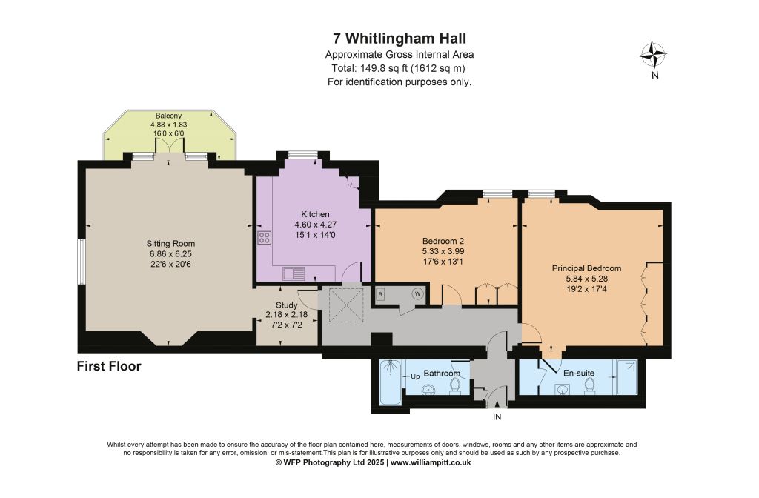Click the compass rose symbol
pyautogui.click(x=653, y=55)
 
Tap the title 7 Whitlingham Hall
pyautogui.click(x=400, y=38)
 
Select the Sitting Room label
pyautogui.click(x=170, y=243)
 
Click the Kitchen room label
pyautogui.click(x=315, y=214)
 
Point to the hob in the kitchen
pyautogui.click(x=265, y=238)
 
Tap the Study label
pyautogui.click(x=287, y=305)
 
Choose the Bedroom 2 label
pyautogui.click(x=443, y=241)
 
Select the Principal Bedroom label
pyautogui.click(x=587, y=268)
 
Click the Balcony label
pyautogui.click(x=168, y=116)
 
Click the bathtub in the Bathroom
pyautogui.click(x=390, y=382)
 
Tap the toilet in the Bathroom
pyautogui.click(x=455, y=385)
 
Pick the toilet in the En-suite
pyautogui.click(x=589, y=385)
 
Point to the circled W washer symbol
pyautogui.click(x=417, y=293)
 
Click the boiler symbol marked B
pyautogui.click(x=380, y=294)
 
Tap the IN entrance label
pyautogui.click(x=497, y=416)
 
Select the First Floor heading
pyautogui.click(x=109, y=366)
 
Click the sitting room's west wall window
pyautogui.click(x=82, y=262)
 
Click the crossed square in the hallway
pyautogui.click(x=345, y=305)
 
